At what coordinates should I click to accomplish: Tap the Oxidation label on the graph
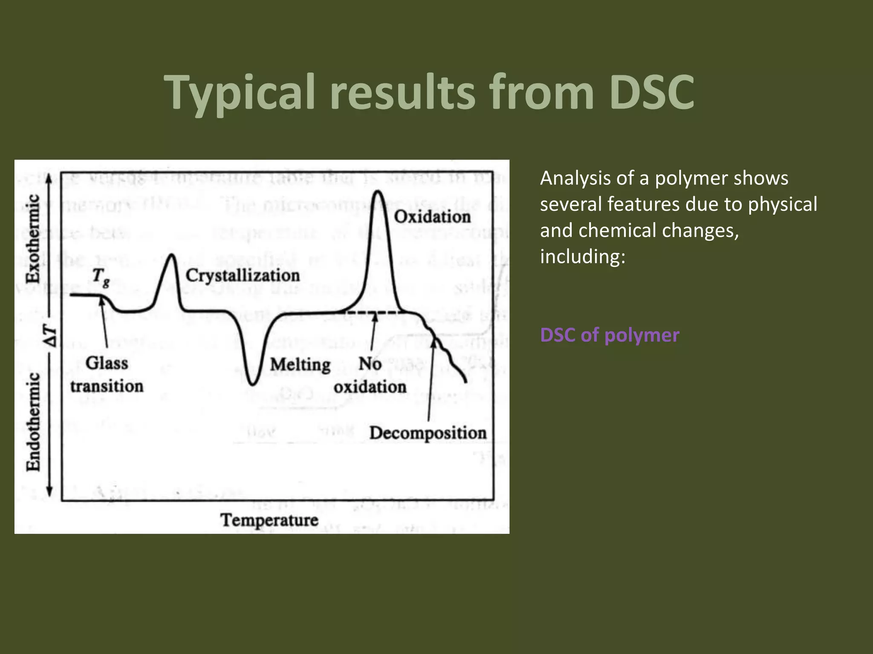click(x=432, y=217)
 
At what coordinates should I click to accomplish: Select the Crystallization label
click(x=243, y=275)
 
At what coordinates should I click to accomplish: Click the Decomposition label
click(x=428, y=433)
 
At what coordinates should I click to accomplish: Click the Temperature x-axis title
click(x=269, y=520)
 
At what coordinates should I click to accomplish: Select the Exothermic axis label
click(x=33, y=238)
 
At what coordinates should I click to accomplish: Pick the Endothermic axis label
click(x=33, y=422)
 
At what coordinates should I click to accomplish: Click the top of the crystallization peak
click(x=172, y=255)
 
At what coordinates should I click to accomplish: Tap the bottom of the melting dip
click(x=253, y=384)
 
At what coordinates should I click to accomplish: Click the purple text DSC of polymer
click(x=610, y=335)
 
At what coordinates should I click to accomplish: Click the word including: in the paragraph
click(x=582, y=256)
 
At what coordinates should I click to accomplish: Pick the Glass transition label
click(x=107, y=375)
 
